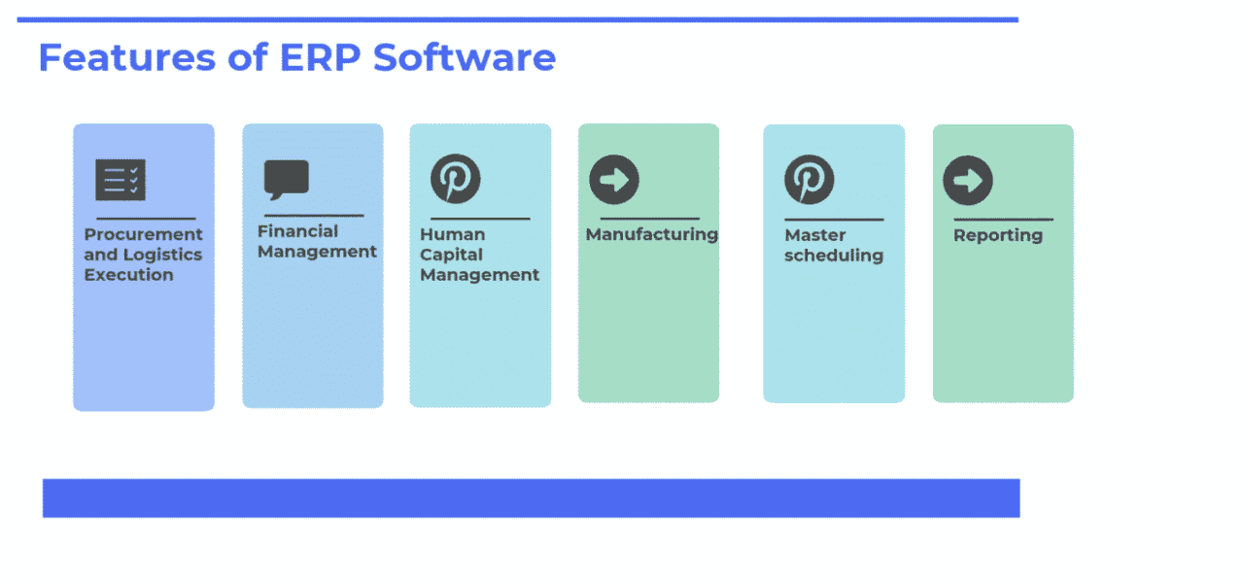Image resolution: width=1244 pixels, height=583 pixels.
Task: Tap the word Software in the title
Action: point(465,57)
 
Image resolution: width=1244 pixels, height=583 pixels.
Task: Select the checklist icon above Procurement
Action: point(121,180)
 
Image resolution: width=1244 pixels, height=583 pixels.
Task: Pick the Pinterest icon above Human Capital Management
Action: point(456,179)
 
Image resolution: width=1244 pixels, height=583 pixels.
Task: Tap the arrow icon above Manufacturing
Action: point(614,180)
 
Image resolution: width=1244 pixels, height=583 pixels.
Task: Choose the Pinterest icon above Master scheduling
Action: point(810,180)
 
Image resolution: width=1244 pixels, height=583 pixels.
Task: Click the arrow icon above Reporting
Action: point(968,181)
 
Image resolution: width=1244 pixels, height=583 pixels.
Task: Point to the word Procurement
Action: point(144,234)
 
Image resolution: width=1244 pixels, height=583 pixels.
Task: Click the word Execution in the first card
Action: point(128,275)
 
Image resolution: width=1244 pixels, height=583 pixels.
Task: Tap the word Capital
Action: point(452,255)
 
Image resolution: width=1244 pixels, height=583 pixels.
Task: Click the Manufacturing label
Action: point(651,234)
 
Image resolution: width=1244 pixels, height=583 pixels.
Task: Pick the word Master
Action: point(814,235)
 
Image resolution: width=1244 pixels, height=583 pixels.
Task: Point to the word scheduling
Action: point(833,256)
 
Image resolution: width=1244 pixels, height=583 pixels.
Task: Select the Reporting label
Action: point(997,235)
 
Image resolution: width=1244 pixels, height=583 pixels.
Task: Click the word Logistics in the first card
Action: point(162,255)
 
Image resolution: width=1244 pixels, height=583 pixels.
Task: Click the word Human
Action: point(452,234)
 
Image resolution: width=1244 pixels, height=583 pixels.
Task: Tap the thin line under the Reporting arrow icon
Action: point(1002,220)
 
